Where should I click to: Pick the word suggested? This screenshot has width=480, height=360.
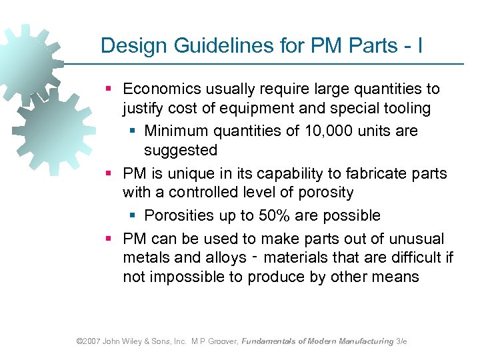[x=181, y=150]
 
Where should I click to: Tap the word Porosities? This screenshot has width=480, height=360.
[x=179, y=215]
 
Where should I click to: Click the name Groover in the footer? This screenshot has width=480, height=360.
[x=222, y=341]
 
